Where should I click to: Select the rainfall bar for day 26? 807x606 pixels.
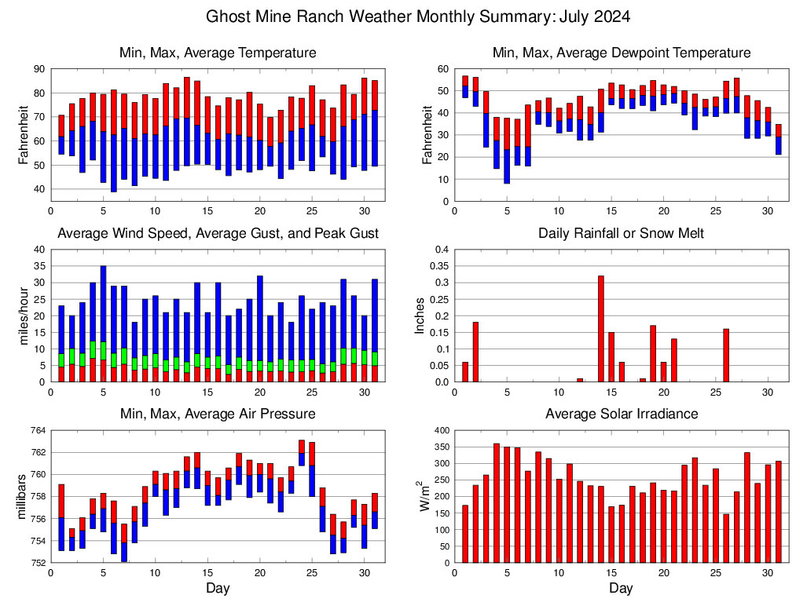point(726,355)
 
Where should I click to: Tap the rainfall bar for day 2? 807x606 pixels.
point(475,352)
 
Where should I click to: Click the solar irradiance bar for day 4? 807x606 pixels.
point(497,503)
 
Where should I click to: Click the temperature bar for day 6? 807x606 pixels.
point(114,141)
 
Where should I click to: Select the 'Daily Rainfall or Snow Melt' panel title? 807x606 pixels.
point(621,233)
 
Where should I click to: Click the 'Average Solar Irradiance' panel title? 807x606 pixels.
point(621,414)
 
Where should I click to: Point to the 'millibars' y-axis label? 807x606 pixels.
point(24,496)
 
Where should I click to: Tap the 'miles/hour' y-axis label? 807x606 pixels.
point(24,316)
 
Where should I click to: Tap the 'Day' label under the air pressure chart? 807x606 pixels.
point(218,588)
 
